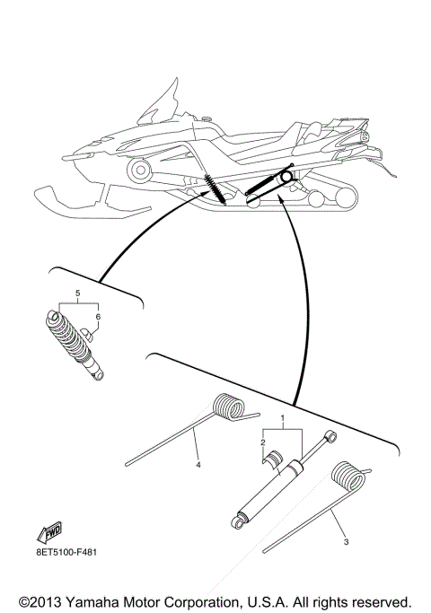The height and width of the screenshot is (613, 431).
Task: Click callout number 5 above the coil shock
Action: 77,293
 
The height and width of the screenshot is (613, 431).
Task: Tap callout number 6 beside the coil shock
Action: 98,317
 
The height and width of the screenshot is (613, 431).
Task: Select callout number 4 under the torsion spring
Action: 197,465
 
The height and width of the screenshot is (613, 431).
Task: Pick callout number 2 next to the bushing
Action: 263,442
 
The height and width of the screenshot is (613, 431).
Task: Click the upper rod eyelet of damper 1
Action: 330,437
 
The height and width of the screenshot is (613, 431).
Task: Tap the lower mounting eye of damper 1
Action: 240,518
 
